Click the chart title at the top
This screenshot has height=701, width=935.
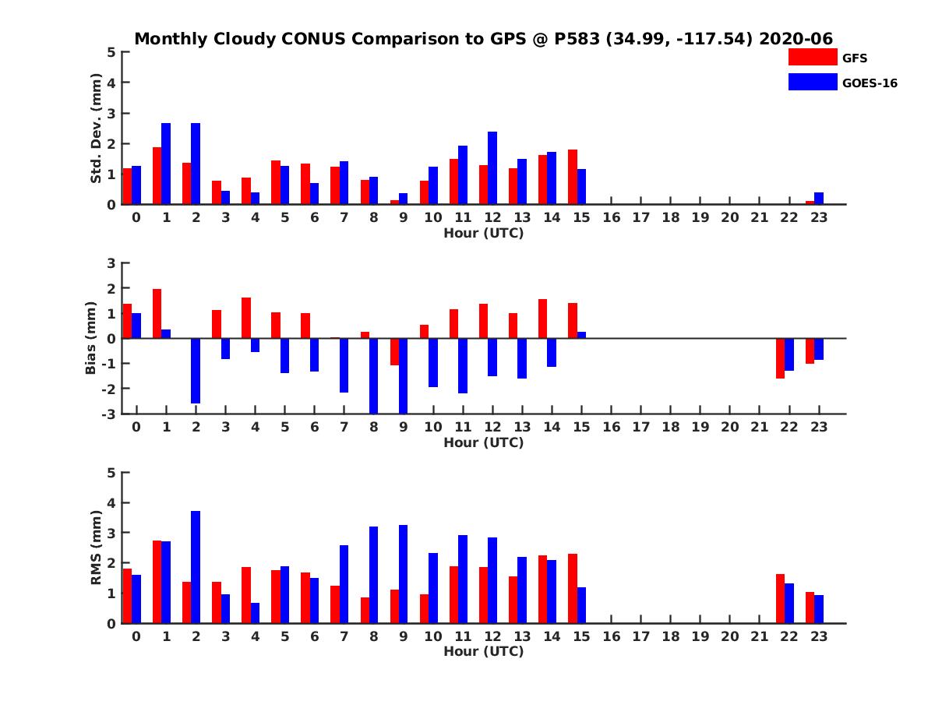click(x=484, y=39)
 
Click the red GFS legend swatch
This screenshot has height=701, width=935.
click(x=813, y=57)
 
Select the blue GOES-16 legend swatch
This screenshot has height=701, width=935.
click(x=813, y=82)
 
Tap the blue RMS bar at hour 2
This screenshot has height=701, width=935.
click(x=196, y=567)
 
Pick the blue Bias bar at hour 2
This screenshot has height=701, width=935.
click(x=196, y=371)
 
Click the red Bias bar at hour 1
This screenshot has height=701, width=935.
click(x=157, y=313)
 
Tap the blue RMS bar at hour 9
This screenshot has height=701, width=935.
click(x=404, y=574)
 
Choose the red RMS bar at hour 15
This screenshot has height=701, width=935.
click(x=573, y=588)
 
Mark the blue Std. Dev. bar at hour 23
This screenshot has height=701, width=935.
click(x=819, y=199)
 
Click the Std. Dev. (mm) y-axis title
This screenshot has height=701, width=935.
click(x=96, y=129)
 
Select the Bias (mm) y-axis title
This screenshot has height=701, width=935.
click(x=90, y=339)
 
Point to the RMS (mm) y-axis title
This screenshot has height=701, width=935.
click(x=96, y=548)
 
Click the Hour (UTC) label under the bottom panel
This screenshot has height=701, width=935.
click(x=484, y=651)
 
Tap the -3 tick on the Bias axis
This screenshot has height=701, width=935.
click(x=110, y=414)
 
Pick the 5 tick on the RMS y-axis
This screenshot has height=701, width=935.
click(x=112, y=473)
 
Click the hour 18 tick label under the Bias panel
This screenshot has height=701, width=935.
click(x=671, y=428)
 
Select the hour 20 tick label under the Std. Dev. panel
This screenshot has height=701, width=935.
click(x=730, y=218)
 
